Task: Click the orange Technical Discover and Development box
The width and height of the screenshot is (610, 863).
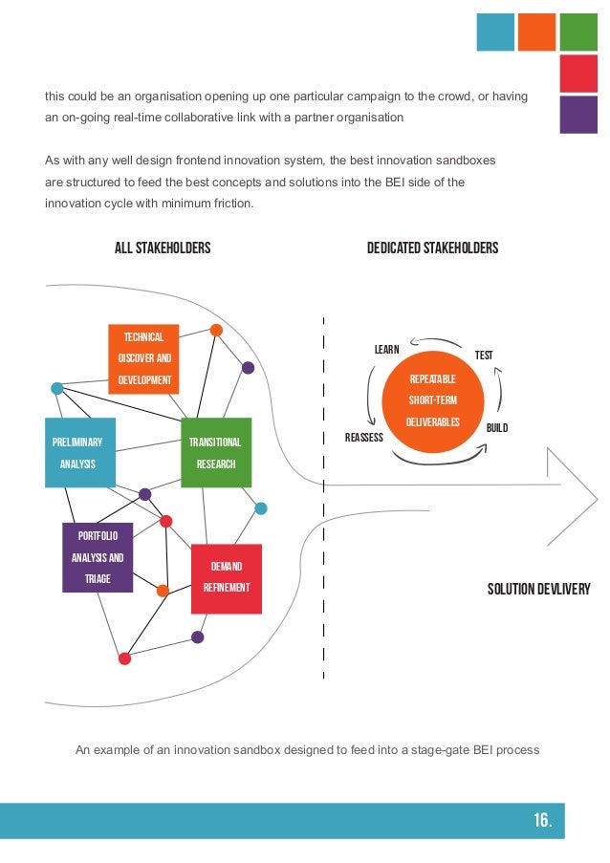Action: (x=143, y=358)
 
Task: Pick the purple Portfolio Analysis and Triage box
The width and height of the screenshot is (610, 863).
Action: (x=98, y=557)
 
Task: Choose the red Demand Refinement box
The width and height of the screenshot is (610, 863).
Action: (x=227, y=577)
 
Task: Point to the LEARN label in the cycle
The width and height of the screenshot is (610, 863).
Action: (x=386, y=350)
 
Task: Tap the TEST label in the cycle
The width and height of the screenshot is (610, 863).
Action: (x=484, y=356)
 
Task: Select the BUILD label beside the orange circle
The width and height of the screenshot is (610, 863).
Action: (x=497, y=428)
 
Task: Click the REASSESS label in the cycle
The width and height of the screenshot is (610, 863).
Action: (x=363, y=438)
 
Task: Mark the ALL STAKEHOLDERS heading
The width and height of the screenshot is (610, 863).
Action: (x=163, y=248)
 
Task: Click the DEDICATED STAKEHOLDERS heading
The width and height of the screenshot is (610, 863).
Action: (x=433, y=248)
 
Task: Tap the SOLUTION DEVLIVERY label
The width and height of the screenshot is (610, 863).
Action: (x=539, y=588)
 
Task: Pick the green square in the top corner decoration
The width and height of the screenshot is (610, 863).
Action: (x=578, y=32)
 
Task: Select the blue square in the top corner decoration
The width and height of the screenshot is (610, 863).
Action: (x=495, y=32)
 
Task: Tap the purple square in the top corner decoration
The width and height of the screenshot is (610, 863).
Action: (x=578, y=115)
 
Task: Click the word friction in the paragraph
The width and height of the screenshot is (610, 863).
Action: (x=232, y=203)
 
